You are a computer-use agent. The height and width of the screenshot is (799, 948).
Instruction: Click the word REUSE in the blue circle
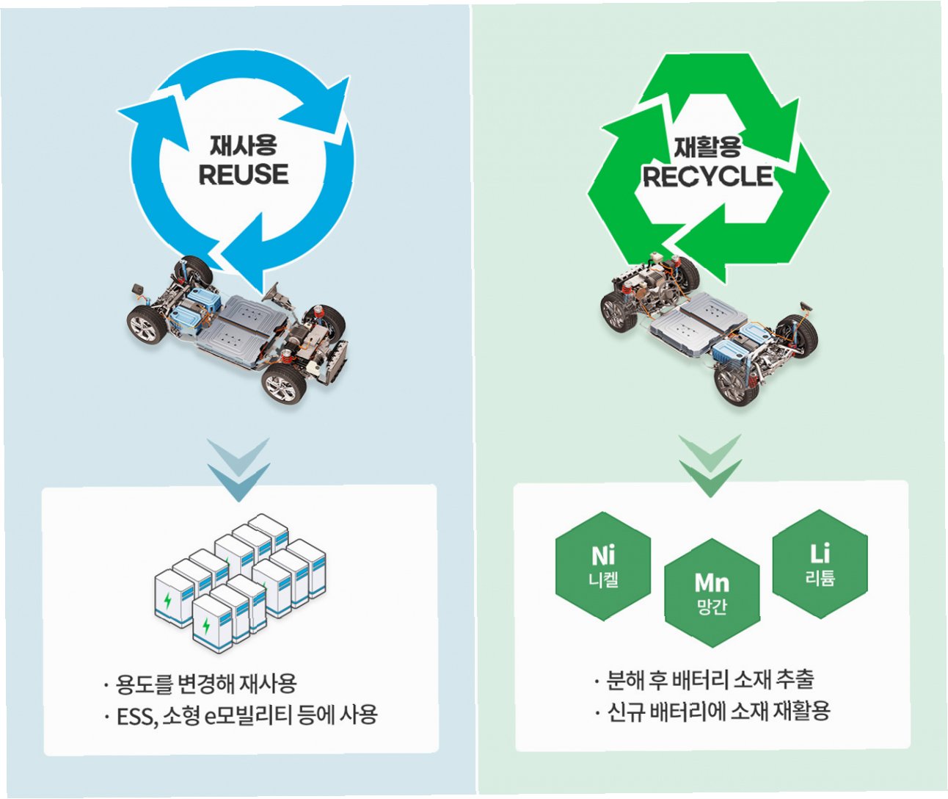244,175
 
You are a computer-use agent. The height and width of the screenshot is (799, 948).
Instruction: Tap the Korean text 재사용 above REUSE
244,145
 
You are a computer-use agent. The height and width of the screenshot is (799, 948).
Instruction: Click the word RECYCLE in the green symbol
708,176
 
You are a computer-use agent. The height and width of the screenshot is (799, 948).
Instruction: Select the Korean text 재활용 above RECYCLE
708,147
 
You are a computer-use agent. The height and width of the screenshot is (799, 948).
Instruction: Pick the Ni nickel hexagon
603,566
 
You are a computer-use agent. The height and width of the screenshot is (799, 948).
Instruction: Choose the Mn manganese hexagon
712,593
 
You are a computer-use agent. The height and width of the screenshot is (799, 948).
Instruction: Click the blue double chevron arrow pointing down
238,470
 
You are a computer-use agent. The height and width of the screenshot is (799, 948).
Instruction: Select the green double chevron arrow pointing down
710,466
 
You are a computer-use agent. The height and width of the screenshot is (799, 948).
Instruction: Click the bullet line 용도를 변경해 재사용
206,684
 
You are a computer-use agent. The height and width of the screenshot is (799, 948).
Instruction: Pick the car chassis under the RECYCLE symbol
708,323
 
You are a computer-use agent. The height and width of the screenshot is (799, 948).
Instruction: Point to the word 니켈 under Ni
603,580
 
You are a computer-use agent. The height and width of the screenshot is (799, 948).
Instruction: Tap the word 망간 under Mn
712,607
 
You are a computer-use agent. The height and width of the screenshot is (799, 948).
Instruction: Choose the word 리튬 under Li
820,578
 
